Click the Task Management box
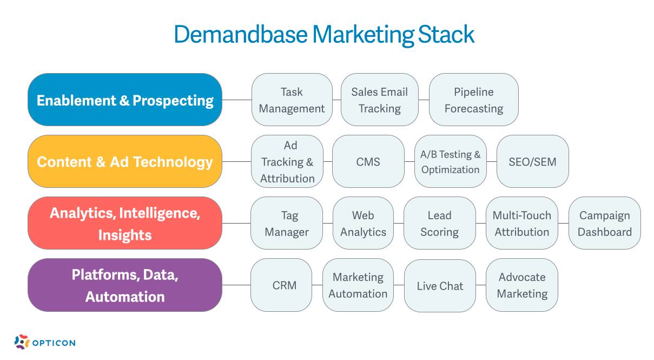click(x=292, y=100)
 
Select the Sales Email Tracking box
click(x=379, y=100)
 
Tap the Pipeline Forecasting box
click(x=473, y=100)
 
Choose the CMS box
click(x=368, y=162)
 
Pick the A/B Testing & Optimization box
click(x=450, y=162)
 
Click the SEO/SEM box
click(x=532, y=162)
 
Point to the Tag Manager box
click(x=287, y=224)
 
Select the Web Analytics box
click(x=363, y=224)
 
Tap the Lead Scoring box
click(x=439, y=224)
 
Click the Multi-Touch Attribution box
click(x=521, y=224)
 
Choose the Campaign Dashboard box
click(x=604, y=224)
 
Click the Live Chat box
click(x=440, y=285)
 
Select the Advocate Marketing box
click(x=521, y=285)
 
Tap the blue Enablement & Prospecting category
click(x=125, y=100)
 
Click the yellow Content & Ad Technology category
click(x=125, y=162)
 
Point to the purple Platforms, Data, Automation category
click(x=125, y=285)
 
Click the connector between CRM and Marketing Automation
click(x=318, y=285)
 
